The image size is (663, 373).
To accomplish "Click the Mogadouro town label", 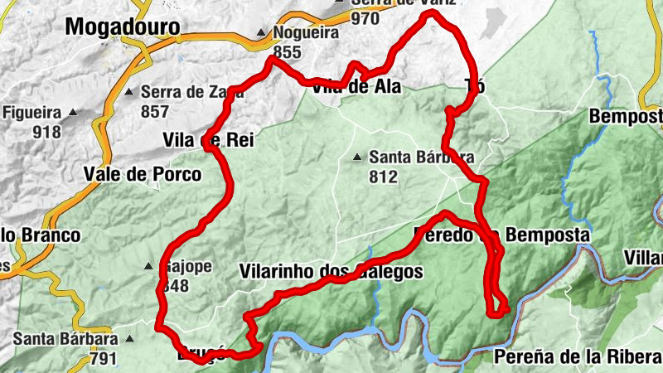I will (x=122, y=27).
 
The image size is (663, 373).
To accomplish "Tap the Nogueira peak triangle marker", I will (x=261, y=34).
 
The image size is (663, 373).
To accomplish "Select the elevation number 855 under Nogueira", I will (x=286, y=52).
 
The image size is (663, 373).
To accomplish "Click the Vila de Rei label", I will (x=207, y=141).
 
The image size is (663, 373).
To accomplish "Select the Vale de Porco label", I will (x=143, y=174).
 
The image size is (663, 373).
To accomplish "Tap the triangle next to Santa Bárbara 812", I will (x=357, y=157).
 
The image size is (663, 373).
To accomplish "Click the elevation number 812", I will (x=384, y=176).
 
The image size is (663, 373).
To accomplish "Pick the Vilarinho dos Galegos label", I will (x=331, y=271).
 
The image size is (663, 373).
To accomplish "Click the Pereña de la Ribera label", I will (x=577, y=356).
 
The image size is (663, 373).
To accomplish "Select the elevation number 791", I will (x=104, y=359).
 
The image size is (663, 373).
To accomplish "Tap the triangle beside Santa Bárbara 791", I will (x=129, y=340).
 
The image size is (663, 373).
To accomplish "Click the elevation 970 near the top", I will (x=365, y=17).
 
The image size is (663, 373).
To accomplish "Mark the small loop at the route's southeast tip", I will (x=499, y=309).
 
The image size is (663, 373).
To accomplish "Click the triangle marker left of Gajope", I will (x=148, y=267).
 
